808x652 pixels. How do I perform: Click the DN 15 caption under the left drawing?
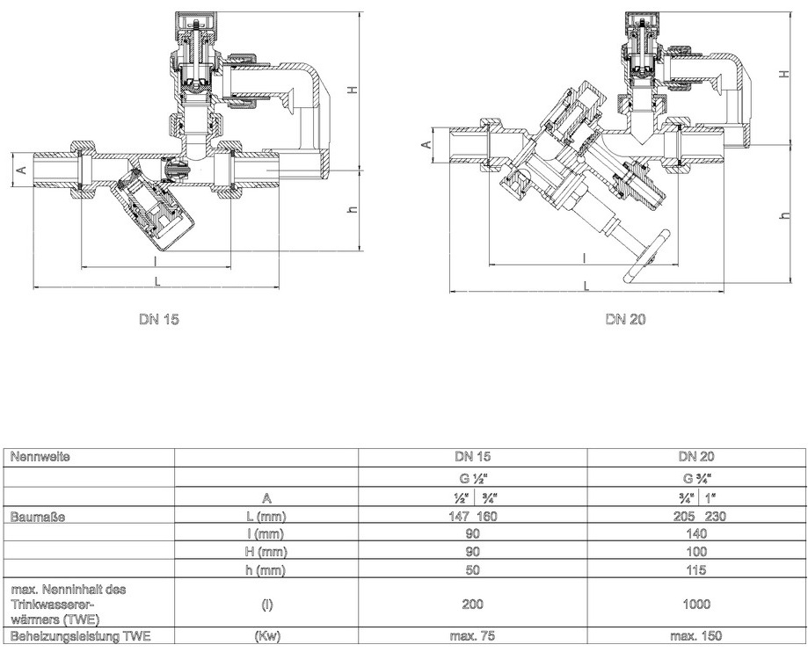159,319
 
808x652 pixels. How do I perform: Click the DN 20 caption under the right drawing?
626,319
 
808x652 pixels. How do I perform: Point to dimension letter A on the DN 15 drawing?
22,169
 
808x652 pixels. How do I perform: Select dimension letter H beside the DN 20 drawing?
784,74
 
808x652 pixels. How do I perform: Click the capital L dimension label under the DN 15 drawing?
158,280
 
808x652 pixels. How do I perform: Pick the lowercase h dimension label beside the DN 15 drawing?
353,210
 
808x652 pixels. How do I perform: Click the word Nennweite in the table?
40,457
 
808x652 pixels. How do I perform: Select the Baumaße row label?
38,517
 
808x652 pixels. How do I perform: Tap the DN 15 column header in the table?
472,456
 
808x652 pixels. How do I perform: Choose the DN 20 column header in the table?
696,456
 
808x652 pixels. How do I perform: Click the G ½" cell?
472,478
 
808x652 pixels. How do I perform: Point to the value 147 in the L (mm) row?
459,516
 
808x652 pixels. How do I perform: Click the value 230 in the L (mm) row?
716,516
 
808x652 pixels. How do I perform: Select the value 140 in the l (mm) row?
696,533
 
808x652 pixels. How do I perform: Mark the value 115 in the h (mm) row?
696,570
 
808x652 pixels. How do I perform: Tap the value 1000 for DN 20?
696,604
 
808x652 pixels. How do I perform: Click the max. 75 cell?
472,636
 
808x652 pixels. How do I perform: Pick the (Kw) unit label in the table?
267,636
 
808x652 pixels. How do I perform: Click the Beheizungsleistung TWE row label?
80,636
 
